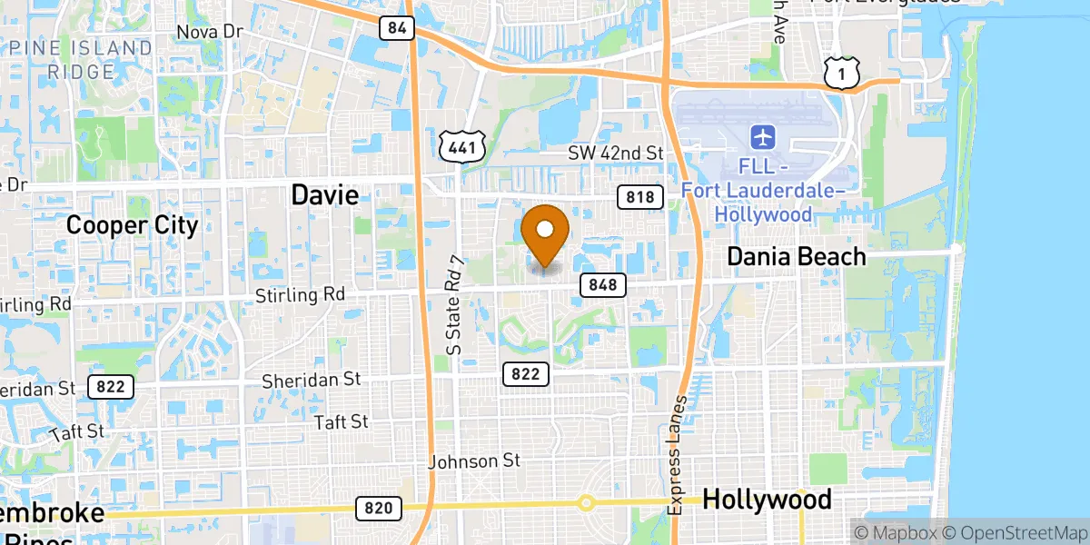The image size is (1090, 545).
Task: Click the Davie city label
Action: pyautogui.click(x=324, y=193)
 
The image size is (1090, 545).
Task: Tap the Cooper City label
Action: pyautogui.click(x=133, y=224)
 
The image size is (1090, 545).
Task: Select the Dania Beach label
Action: pyautogui.click(x=797, y=257)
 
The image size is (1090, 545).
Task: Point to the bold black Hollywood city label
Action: pyautogui.click(x=767, y=500)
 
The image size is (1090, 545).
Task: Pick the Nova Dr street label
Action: pyautogui.click(x=210, y=32)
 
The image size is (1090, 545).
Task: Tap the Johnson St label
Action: pyautogui.click(x=475, y=461)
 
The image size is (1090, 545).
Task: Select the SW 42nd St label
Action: pyautogui.click(x=616, y=153)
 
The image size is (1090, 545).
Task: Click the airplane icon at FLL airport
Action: pyautogui.click(x=762, y=138)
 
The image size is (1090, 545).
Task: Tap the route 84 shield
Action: pyautogui.click(x=396, y=28)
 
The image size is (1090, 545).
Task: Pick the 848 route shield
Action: pyautogui.click(x=601, y=285)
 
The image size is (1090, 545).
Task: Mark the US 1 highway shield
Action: pyautogui.click(x=842, y=73)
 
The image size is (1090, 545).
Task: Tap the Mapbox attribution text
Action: pyautogui.click(x=896, y=532)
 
